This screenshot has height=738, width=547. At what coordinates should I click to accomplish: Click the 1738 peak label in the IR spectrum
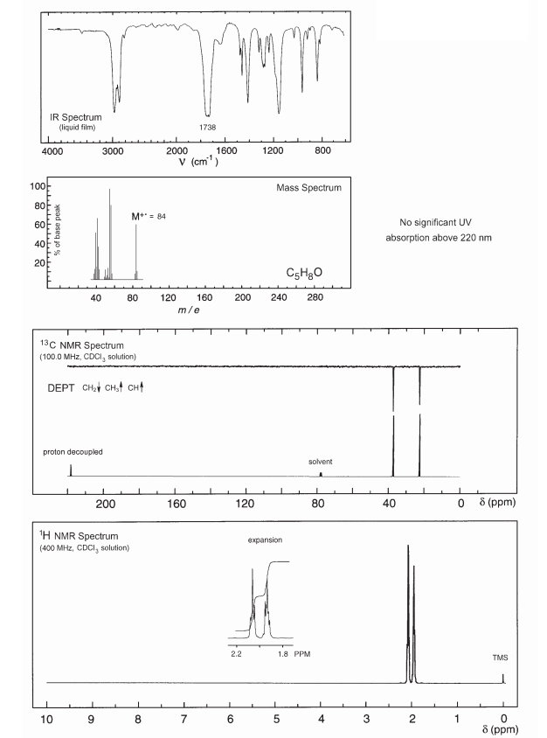[208, 127]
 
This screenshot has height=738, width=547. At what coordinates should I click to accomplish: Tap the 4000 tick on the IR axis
[52, 152]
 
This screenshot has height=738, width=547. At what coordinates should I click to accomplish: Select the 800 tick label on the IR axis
[322, 152]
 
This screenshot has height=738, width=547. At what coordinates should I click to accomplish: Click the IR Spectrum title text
[75, 116]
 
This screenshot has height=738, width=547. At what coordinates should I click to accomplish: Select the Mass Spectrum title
[308, 188]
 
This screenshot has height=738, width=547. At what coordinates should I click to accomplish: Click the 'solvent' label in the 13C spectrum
[321, 461]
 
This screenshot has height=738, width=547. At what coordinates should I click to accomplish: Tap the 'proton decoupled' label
[73, 453]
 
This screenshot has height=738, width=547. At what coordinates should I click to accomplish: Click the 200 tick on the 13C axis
[105, 504]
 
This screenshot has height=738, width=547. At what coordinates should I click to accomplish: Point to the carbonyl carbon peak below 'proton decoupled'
[71, 470]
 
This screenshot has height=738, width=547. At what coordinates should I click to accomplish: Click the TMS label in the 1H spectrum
[501, 657]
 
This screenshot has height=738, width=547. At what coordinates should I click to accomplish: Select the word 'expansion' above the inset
[266, 541]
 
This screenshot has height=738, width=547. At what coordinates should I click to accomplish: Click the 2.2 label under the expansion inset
[236, 652]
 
